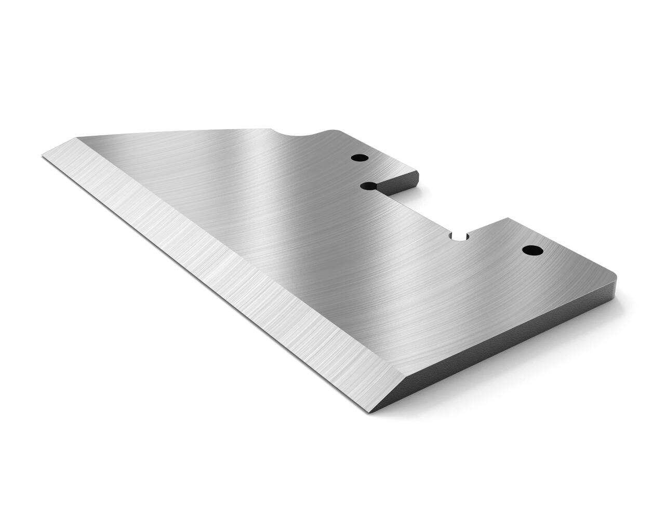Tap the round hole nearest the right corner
(x=532, y=251)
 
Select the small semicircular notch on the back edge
(x=459, y=236)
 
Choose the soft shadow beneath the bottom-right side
(x=520, y=374)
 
